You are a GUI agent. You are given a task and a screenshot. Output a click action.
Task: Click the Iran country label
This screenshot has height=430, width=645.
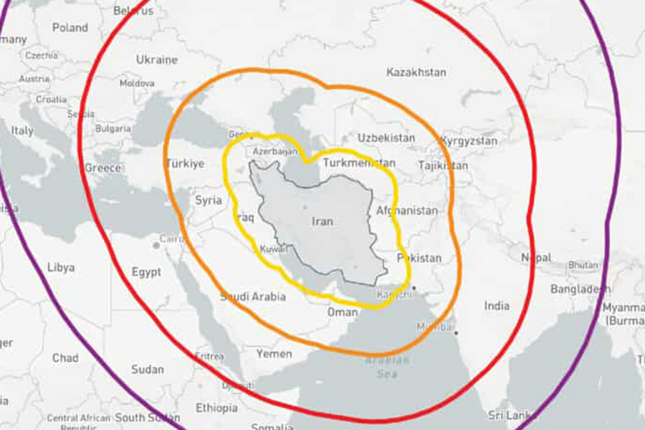[x=322, y=221]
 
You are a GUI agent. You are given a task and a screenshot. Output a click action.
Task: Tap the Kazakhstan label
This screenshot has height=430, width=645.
[x=416, y=72]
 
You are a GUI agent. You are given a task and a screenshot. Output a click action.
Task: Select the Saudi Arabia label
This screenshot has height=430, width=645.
[x=253, y=296]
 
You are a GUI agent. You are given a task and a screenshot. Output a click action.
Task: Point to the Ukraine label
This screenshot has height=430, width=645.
[x=156, y=59]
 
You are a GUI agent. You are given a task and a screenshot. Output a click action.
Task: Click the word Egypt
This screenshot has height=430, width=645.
[x=146, y=272]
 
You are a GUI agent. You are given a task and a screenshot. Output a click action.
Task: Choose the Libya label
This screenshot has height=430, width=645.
[x=61, y=267]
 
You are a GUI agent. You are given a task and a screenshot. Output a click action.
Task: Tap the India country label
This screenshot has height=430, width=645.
[x=497, y=306]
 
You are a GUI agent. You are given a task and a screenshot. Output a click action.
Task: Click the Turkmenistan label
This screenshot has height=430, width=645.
[x=359, y=163]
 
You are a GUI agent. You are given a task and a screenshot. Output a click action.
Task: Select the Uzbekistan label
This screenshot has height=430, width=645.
[x=386, y=137]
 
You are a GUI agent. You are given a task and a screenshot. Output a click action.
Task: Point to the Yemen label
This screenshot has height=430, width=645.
[x=274, y=353]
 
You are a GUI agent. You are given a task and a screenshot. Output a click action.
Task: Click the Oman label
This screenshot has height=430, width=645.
[x=342, y=312]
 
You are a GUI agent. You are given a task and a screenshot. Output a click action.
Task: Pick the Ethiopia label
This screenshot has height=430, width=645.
[x=216, y=408]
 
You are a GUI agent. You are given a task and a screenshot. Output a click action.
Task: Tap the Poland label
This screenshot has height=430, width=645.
[x=70, y=28]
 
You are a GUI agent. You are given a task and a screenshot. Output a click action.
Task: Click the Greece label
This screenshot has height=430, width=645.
[x=102, y=168]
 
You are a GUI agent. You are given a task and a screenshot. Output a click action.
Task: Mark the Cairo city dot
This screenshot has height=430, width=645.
[x=156, y=245]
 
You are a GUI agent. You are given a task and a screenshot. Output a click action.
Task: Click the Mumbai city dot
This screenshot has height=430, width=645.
[x=455, y=333]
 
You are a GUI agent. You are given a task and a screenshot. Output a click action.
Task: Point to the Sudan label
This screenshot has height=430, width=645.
[x=148, y=370]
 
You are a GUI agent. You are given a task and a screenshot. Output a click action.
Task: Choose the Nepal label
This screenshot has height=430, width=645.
[x=535, y=257]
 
